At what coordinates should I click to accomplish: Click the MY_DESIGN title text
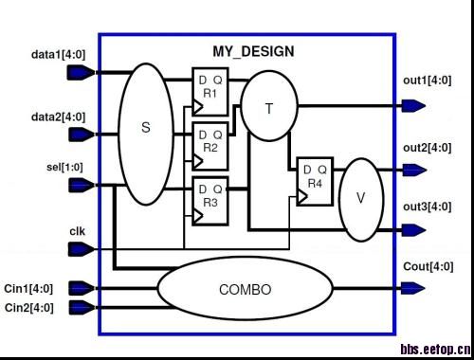tap(253, 51)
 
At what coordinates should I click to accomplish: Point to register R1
tap(210, 92)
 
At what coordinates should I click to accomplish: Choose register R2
tap(210, 146)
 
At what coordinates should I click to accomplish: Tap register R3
tap(210, 201)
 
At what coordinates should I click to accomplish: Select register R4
tap(315, 182)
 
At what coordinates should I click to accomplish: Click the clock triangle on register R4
tap(302, 196)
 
